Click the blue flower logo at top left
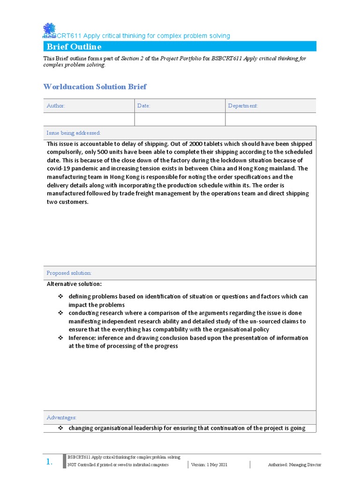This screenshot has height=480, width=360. pos(49,30)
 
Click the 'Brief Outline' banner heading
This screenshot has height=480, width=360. pos(74,46)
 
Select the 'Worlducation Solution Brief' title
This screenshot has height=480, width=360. pos(95,86)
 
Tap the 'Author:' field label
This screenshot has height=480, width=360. pos(56,106)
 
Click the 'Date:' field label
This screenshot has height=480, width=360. pos(143,106)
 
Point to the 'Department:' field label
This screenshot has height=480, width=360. pos(243,106)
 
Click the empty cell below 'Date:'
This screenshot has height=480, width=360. pos(180,120)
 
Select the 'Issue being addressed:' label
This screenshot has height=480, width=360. pos(74,133)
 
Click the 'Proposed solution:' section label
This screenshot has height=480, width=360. pos(69,273)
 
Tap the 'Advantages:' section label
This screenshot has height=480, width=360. pos(61,417)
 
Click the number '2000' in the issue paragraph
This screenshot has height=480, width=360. pos(208,144)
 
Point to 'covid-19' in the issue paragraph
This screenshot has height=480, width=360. pos(59,169)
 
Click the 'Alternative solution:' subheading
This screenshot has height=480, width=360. pos(74,284)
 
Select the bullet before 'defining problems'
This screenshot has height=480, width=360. pos(60,297)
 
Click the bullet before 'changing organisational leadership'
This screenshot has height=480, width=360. pos(60,428)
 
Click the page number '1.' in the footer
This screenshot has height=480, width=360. pos(49,462)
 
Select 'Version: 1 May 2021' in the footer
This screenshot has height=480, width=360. pos(209,465)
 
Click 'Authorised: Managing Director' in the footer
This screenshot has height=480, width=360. pos(294,465)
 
